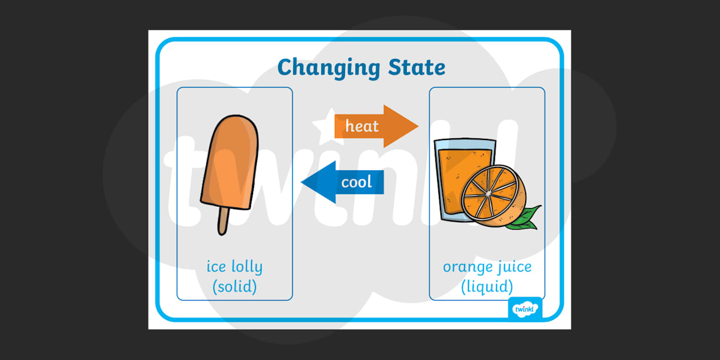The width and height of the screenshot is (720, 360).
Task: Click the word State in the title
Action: pyautogui.click(x=416, y=67)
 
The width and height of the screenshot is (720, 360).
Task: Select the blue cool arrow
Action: pyautogui.click(x=343, y=182)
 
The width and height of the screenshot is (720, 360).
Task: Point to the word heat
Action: pyautogui.click(x=362, y=126)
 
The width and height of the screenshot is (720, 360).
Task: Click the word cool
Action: pyautogui.click(x=357, y=182)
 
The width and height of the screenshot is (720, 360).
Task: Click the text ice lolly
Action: pyautogui.click(x=234, y=267)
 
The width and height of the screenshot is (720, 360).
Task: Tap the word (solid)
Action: pyautogui.click(x=234, y=286)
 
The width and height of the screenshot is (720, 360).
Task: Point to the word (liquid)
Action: pyautogui.click(x=487, y=286)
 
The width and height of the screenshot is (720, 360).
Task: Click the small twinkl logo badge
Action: pyautogui.click(x=525, y=309)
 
